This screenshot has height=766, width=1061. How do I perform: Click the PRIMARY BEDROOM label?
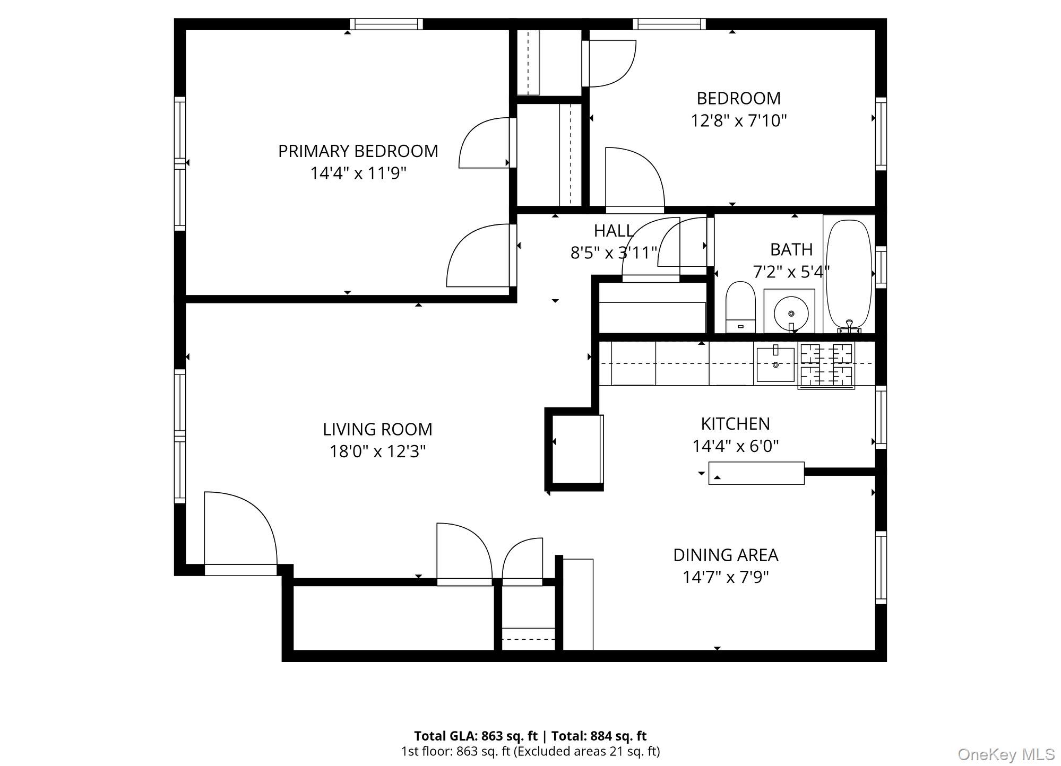pos(358,151)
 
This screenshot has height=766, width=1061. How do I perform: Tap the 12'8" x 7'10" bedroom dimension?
pos(738,121)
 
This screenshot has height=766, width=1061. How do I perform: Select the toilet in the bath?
pos(740,308)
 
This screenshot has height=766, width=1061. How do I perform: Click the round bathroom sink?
pos(791,313)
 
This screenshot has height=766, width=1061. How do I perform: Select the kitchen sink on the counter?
pos(775,364)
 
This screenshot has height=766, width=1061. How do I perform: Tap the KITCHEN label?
pos(735,423)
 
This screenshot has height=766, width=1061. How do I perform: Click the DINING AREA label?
pos(726,555)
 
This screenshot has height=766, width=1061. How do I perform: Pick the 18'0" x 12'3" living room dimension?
pos(377,451)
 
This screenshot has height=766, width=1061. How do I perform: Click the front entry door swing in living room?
pos(240,530)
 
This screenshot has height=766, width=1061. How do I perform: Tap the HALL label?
pos(614,231)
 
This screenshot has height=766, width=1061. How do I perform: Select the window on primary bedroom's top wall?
pos(386,24)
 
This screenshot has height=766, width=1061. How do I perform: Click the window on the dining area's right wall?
pos(881,568)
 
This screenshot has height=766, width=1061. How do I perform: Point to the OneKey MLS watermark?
pos(1006,754)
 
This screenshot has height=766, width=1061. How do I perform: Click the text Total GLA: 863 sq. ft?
pos(476,736)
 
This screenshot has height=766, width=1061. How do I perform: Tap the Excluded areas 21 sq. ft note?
pos(587,751)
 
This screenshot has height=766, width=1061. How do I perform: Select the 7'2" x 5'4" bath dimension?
pos(791,272)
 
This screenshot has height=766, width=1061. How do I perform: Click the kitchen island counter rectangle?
pos(756,473)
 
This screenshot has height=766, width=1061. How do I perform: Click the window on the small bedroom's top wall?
pos(669,24)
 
